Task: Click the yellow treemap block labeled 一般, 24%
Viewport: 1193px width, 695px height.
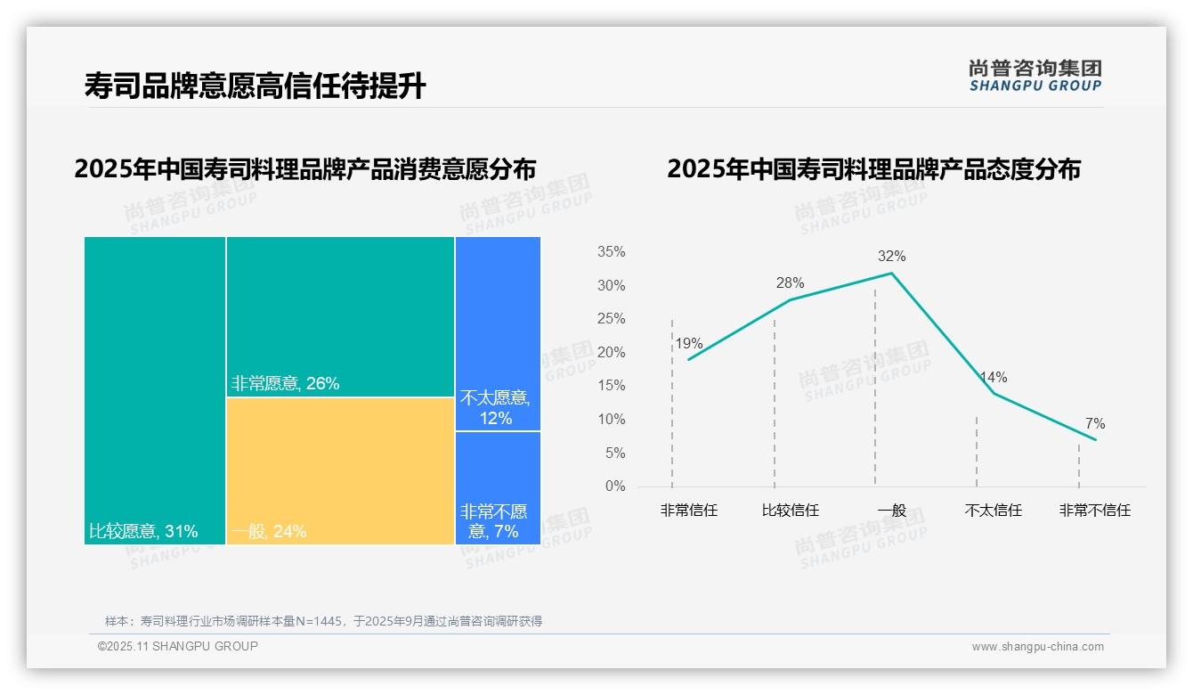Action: click(x=340, y=470)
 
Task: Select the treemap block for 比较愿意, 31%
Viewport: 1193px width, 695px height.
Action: click(x=155, y=390)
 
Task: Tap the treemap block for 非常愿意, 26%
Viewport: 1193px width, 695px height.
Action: click(x=340, y=316)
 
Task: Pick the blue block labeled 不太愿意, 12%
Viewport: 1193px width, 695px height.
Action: click(x=498, y=333)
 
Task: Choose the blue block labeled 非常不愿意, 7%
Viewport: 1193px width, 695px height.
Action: click(x=498, y=487)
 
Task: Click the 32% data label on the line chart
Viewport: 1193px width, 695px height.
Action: click(x=891, y=257)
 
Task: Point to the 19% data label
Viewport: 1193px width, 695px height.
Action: click(x=688, y=344)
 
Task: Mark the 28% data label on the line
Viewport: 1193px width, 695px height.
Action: click(x=790, y=283)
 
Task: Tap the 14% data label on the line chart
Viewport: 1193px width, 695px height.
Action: click(x=993, y=378)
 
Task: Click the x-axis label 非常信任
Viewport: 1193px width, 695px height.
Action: click(x=688, y=511)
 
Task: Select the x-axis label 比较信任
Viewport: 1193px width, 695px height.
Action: click(x=790, y=511)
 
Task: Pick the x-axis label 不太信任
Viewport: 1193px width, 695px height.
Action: click(x=993, y=511)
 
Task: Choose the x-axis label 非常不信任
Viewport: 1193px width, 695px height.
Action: click(x=1094, y=511)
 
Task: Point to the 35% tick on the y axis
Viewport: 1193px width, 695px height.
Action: click(x=611, y=252)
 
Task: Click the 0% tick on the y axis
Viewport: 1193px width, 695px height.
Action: click(x=615, y=487)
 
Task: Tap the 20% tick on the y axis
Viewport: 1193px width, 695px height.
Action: click(x=611, y=353)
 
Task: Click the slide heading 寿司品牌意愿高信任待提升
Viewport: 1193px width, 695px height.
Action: click(x=255, y=86)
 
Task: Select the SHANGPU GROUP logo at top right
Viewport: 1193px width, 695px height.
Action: click(x=1035, y=76)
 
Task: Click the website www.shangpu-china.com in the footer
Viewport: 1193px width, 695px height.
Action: click(x=1037, y=647)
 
